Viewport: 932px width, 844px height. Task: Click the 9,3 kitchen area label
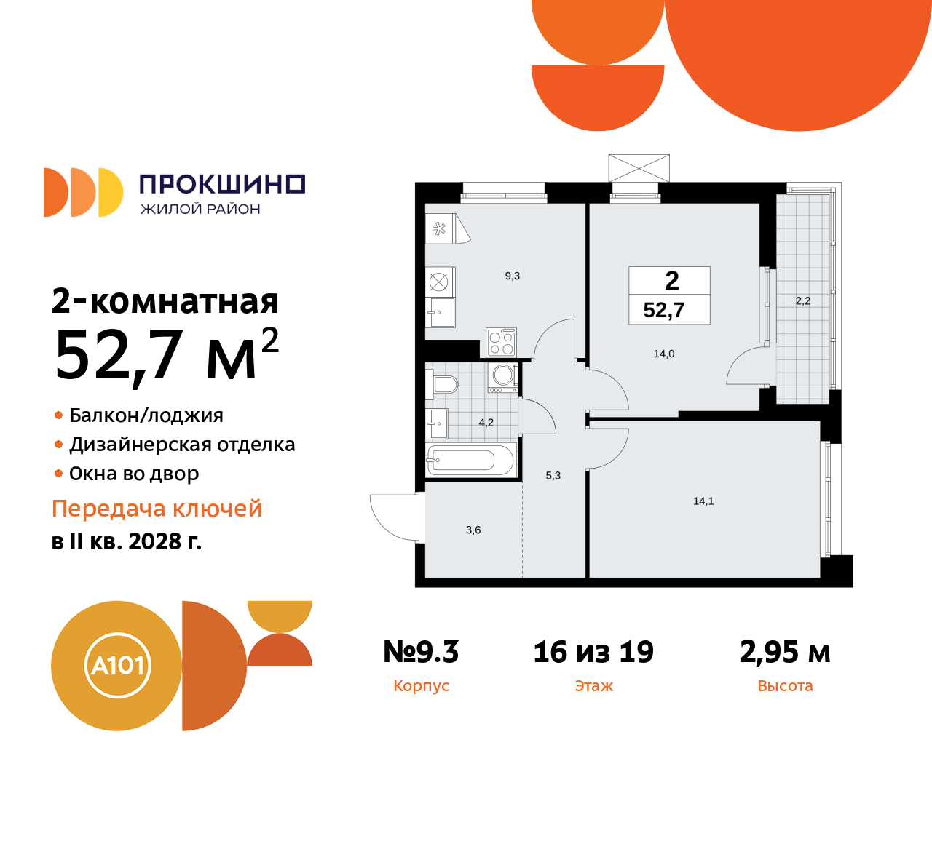(512, 276)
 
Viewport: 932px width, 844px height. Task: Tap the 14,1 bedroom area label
(703, 501)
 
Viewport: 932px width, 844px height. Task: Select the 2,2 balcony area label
(802, 301)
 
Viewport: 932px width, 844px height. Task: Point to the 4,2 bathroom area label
(486, 423)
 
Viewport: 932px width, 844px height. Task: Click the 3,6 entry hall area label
(473, 530)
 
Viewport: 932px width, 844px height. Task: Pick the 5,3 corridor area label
(553, 476)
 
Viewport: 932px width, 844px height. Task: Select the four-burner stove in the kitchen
(502, 343)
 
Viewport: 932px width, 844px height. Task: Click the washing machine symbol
(503, 376)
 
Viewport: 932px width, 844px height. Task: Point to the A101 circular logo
(117, 666)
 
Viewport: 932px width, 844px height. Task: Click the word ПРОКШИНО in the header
(222, 184)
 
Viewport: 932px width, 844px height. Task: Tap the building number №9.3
(421, 652)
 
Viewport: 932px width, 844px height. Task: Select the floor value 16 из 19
(593, 652)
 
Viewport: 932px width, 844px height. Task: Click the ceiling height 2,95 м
(784, 652)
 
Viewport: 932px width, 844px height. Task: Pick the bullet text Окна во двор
(134, 474)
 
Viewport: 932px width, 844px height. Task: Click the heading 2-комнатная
(165, 301)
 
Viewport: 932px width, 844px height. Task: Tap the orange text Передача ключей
(157, 509)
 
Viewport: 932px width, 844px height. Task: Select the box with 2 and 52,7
(669, 295)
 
